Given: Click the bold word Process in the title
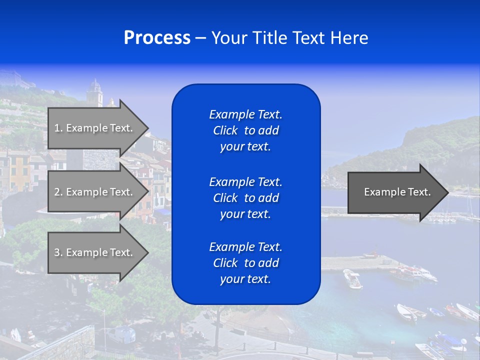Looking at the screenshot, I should pos(157,38).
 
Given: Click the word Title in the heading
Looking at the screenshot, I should pos(268,38).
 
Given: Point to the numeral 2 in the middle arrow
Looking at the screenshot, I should pos(57,192).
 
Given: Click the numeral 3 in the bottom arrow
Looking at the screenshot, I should pos(57,252).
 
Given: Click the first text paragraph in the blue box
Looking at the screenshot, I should pos(245,130).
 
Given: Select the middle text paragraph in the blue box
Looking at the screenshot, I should pos(245,198).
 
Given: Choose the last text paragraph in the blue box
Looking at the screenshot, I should pos(245,263).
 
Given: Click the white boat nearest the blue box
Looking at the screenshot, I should pos(352,278).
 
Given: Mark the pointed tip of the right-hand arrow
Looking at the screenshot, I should pos(447,192).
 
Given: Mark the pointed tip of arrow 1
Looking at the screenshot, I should pos(148,128).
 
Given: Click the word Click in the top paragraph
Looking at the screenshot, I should pos(225,130).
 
